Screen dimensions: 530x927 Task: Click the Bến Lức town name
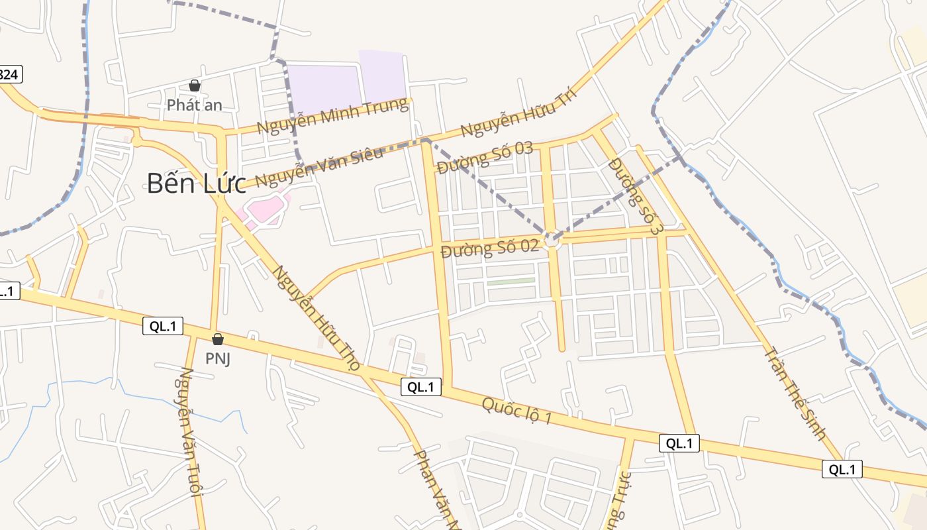pyautogui.click(x=196, y=183)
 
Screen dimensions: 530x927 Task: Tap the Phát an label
pyautogui.click(x=194, y=105)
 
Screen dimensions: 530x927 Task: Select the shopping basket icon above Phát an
pyautogui.click(x=195, y=85)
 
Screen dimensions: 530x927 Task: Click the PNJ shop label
pyautogui.click(x=217, y=359)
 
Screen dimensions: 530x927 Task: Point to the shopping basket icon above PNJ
pyautogui.click(x=217, y=340)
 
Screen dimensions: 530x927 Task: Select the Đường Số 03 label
pyautogui.click(x=485, y=158)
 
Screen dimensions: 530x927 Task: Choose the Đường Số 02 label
pyautogui.click(x=489, y=249)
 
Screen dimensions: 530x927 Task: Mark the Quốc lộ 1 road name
pyautogui.click(x=516, y=410)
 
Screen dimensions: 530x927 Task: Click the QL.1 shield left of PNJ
pyautogui.click(x=163, y=325)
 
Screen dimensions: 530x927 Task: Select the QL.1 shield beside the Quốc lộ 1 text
pyautogui.click(x=421, y=388)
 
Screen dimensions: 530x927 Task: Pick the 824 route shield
pyautogui.click(x=9, y=74)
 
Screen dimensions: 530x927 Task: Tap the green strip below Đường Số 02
pyautogui.click(x=511, y=282)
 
